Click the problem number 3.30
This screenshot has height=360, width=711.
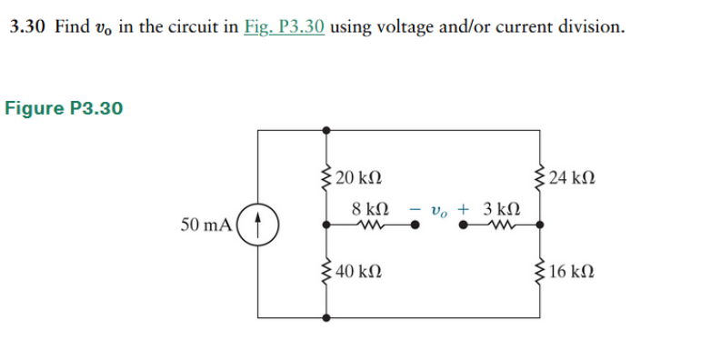27,26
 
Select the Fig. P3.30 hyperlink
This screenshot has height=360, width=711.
285,26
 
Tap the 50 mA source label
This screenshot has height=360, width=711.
206,225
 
